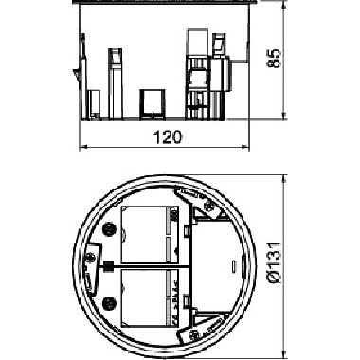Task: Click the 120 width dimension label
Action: pyautogui.click(x=168, y=137)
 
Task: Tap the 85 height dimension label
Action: pyautogui.click(x=274, y=59)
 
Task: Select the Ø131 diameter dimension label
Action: pyautogui.click(x=274, y=262)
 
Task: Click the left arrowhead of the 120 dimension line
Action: pyautogui.click(x=82, y=147)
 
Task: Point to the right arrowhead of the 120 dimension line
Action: pyautogui.click(x=245, y=147)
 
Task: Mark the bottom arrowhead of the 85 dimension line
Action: pyautogui.click(x=284, y=116)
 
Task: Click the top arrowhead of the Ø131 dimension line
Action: pyautogui.click(x=284, y=179)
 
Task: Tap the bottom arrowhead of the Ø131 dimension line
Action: pyautogui.click(x=284, y=352)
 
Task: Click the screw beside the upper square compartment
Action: pyautogui.click(x=109, y=228)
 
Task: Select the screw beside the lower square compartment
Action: pyautogui.click(x=109, y=304)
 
